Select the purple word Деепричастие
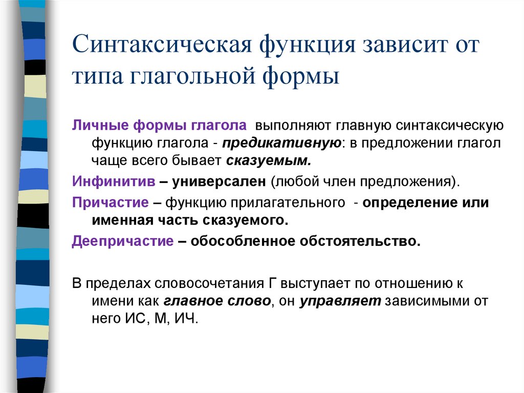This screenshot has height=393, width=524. coord(123,241)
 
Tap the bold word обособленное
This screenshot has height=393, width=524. coord(244,241)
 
